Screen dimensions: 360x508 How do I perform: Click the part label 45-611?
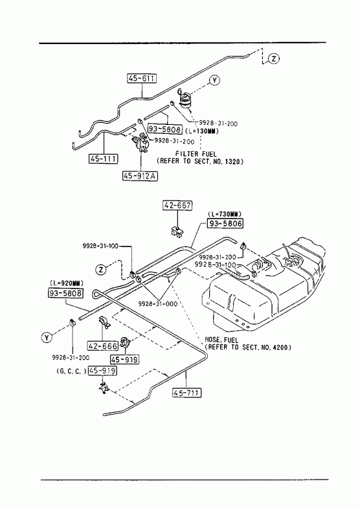click(142, 78)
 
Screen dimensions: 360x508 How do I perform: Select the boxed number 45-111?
click(104, 159)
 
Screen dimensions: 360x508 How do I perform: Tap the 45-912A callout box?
click(140, 175)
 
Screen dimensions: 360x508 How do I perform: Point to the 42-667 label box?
click(177, 205)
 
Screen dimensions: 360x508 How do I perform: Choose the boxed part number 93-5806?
click(225, 223)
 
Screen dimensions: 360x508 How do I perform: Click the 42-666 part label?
click(103, 346)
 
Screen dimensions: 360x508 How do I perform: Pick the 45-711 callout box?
click(186, 393)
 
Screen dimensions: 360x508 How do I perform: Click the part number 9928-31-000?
click(158, 304)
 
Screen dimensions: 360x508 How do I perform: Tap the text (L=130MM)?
click(202, 131)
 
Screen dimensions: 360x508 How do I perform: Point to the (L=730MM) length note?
click(225, 214)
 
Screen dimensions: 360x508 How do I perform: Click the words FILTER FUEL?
click(196, 154)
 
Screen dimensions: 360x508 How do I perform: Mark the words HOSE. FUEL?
click(221, 340)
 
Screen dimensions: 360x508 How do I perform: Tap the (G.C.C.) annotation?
click(71, 371)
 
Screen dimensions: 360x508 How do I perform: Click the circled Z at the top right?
click(274, 59)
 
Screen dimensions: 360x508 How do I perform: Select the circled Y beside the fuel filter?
click(214, 80)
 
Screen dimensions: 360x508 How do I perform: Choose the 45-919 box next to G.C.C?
click(102, 371)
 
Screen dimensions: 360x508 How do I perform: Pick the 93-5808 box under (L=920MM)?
click(66, 293)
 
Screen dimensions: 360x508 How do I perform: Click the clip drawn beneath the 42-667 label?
click(177, 231)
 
